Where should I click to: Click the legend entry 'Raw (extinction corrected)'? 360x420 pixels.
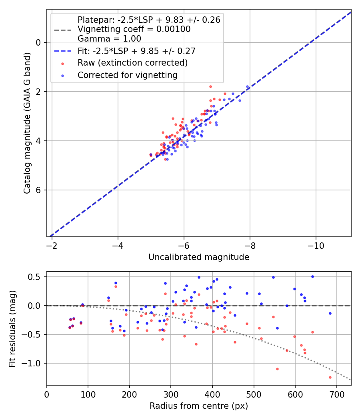coord(132,63)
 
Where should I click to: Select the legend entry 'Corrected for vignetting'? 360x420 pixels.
coord(128,75)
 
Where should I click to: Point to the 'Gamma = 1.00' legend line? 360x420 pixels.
coord(109,39)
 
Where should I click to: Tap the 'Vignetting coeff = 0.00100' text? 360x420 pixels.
coord(134,29)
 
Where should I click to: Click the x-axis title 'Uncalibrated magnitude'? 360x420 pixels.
coord(199,257)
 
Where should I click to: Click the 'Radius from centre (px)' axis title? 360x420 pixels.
coord(199,406)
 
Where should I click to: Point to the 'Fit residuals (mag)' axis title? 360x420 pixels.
coord(12,328)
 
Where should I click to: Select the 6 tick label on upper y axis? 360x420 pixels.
coord(39,190)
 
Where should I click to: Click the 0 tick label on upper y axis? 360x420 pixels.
coord(39,42)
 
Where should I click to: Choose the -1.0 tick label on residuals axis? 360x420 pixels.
coord(34,363)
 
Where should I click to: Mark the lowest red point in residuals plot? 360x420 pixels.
coord(330,377)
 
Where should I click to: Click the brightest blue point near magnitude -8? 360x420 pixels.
coord(247,86)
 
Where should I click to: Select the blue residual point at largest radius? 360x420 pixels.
coord(330,313)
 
